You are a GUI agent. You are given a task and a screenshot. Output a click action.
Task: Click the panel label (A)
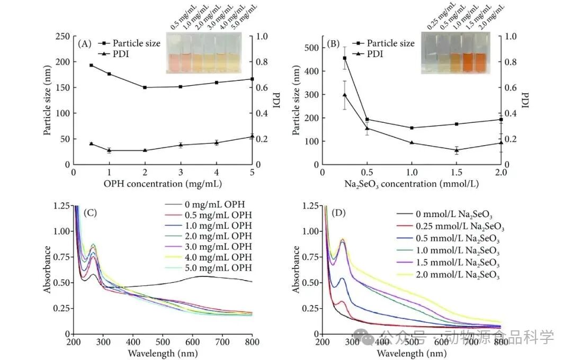[x=85, y=44]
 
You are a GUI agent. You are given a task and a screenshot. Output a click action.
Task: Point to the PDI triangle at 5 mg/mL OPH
[x=252, y=137]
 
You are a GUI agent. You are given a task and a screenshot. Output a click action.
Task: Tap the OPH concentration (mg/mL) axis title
[x=163, y=184]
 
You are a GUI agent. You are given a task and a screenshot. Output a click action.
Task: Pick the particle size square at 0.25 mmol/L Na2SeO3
[x=345, y=58]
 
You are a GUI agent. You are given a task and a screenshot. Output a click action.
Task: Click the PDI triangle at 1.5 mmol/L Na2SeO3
[x=457, y=150]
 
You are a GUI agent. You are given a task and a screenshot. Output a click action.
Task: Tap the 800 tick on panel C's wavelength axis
[x=252, y=342]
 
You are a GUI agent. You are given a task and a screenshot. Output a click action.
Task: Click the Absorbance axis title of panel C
[x=48, y=269]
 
